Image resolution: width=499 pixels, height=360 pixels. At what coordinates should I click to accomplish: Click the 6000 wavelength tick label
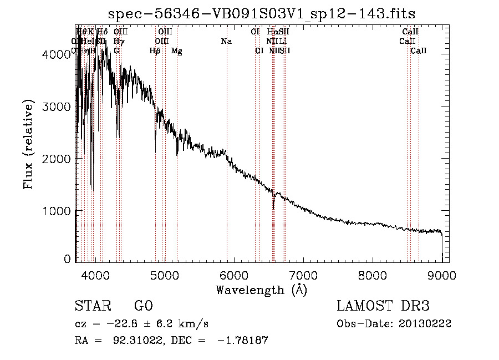click(x=233, y=275)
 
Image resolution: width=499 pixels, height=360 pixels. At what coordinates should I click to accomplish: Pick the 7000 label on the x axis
click(x=303, y=275)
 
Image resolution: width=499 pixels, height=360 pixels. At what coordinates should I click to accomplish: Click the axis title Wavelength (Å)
click(x=261, y=290)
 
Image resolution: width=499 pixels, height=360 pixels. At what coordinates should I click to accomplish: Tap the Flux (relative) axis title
click(x=28, y=144)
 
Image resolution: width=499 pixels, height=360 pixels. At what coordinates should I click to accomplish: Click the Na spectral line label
click(x=226, y=42)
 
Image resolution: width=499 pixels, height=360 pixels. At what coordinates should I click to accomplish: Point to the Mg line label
click(x=177, y=51)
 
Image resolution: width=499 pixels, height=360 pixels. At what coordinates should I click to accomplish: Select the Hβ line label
click(x=155, y=51)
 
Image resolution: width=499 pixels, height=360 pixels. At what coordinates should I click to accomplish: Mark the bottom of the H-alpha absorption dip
click(x=273, y=208)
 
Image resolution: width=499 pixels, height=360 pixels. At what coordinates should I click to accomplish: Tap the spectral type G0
click(x=143, y=307)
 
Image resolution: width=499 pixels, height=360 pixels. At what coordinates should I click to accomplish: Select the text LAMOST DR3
click(x=383, y=307)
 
